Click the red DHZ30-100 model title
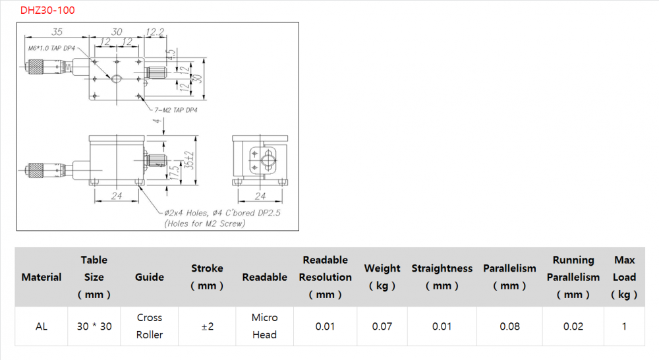click(47, 10)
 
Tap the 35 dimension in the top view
click(57, 32)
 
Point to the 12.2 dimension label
click(155, 32)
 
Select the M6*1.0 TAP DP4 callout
click(51, 48)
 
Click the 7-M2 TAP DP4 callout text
click(176, 110)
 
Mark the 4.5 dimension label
click(171, 55)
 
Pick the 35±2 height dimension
click(189, 160)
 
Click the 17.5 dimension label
click(173, 172)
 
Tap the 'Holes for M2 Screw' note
click(205, 224)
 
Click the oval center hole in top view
click(117, 78)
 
